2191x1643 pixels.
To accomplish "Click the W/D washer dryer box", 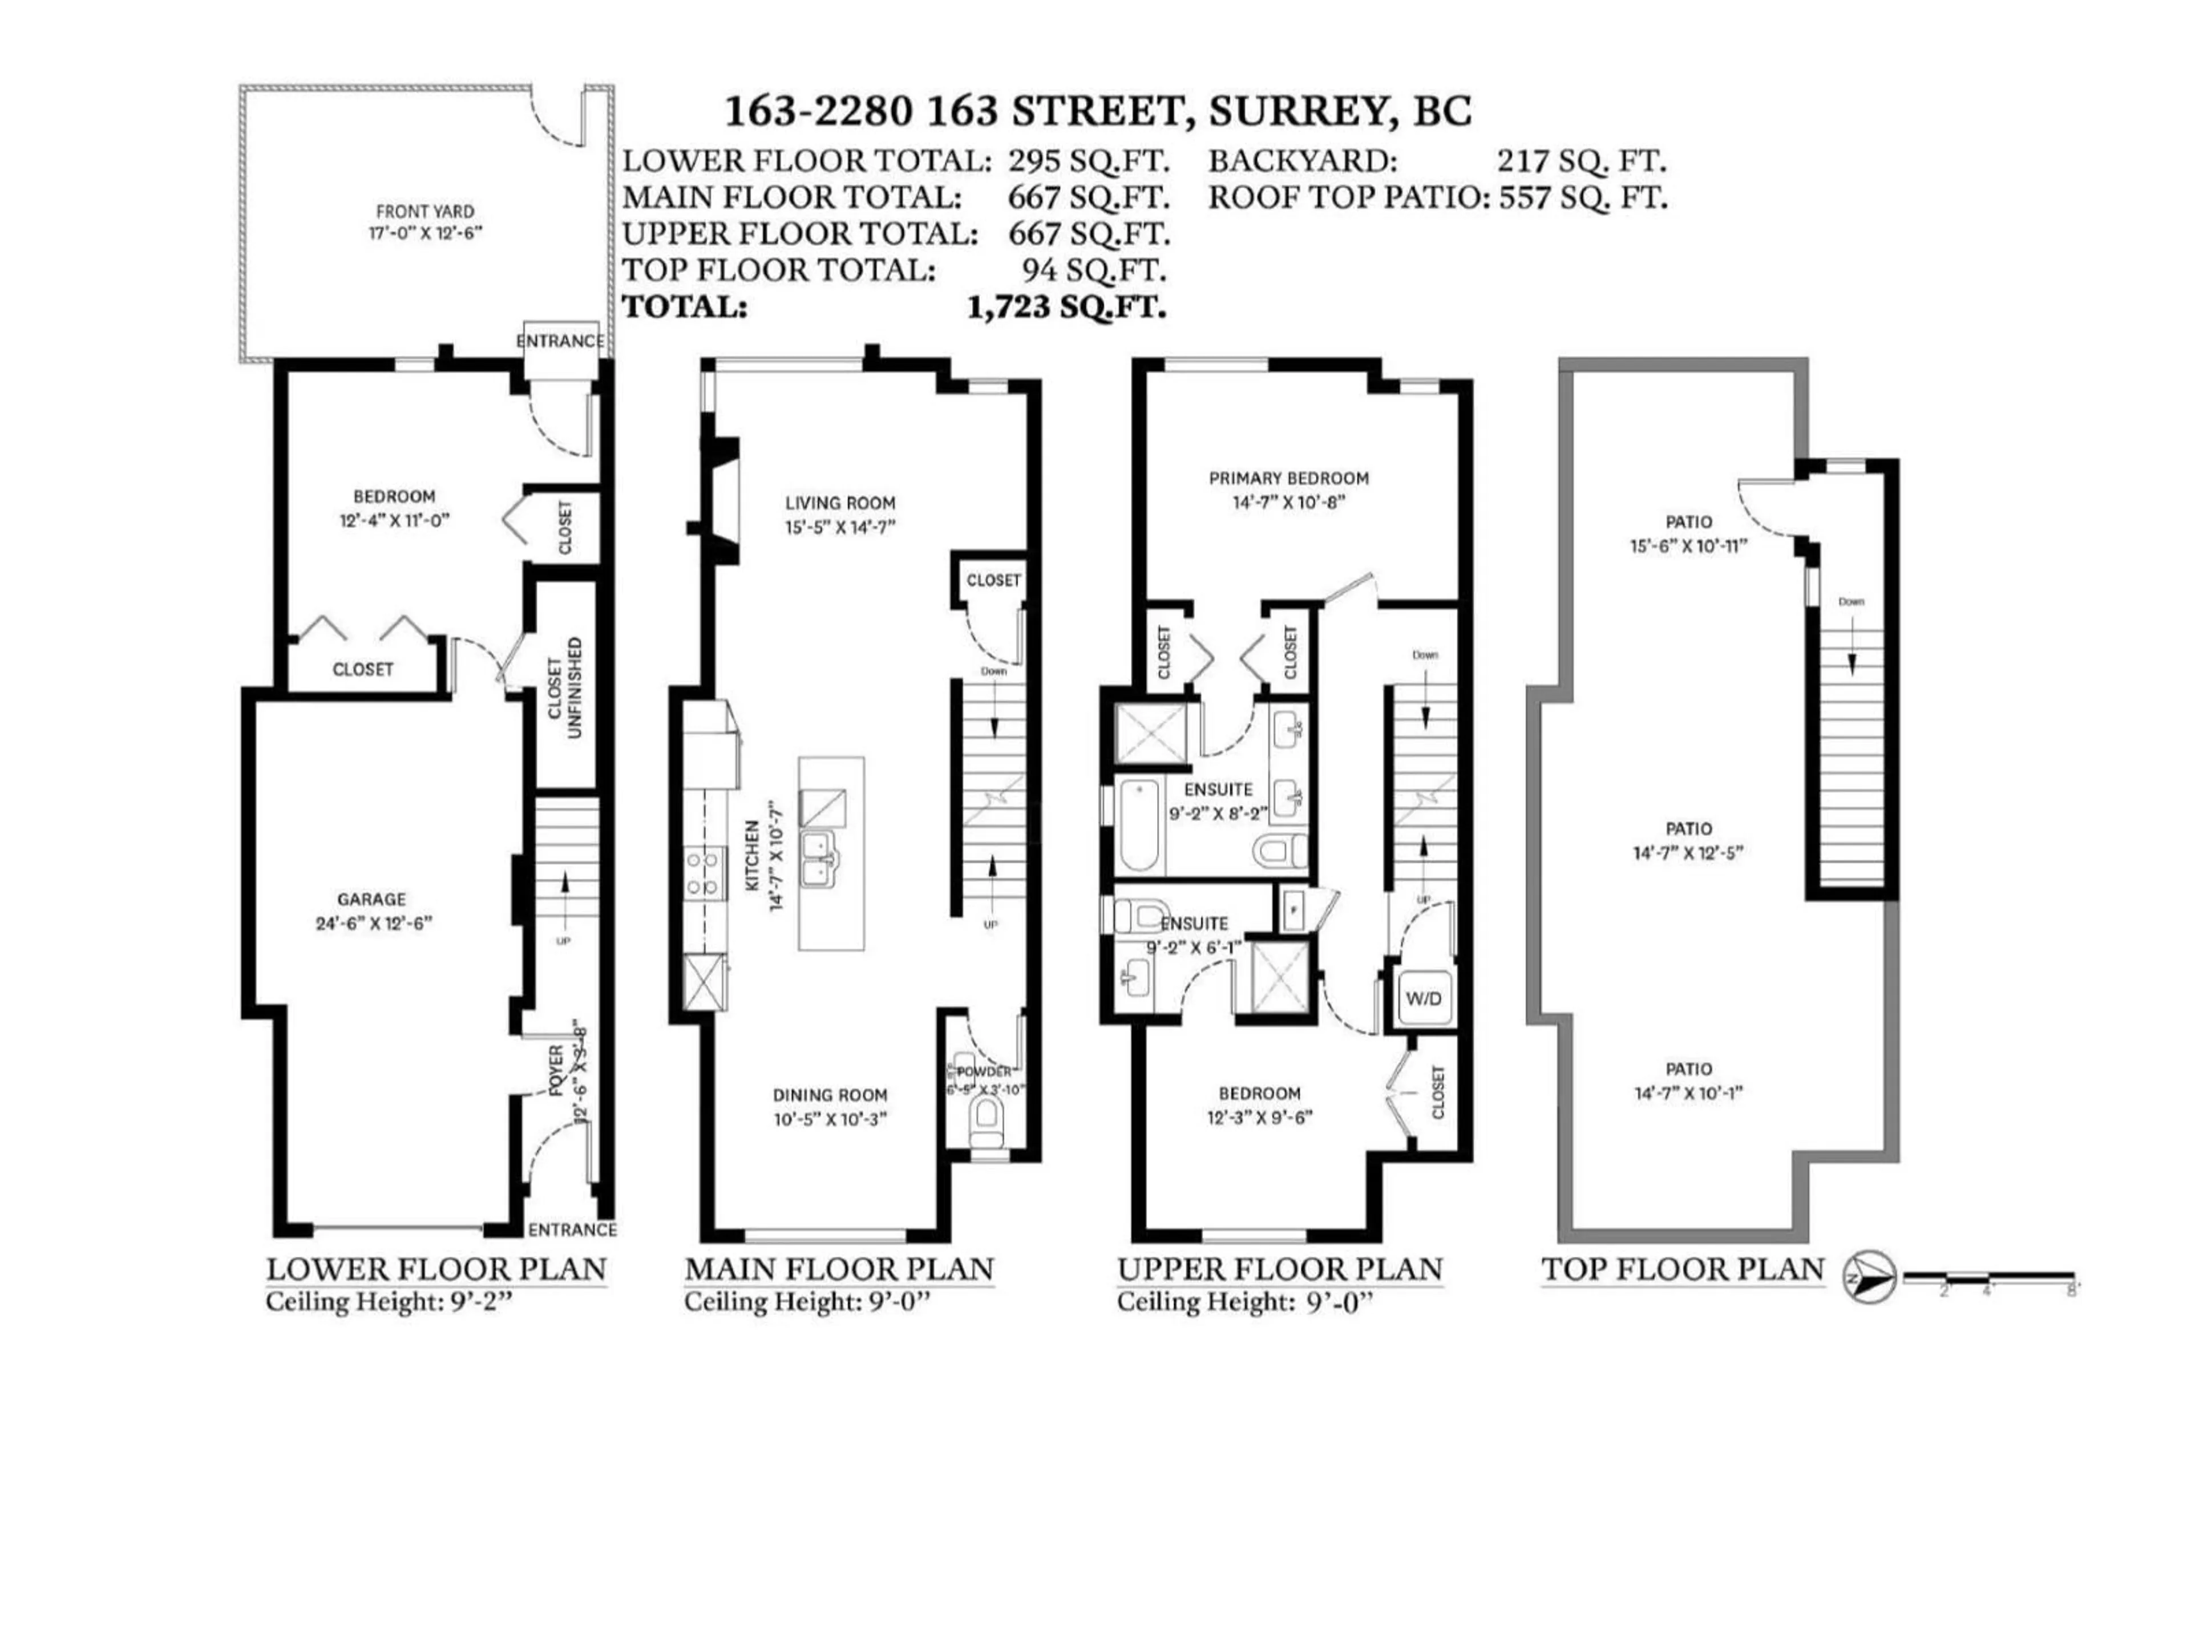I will pyautogui.click(x=1424, y=999).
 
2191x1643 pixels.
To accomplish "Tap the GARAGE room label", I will pyautogui.click(x=371, y=899).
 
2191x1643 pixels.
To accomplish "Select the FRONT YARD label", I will pyautogui.click(x=425, y=211).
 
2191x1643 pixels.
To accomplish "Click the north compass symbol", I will pyautogui.click(x=1868, y=1277).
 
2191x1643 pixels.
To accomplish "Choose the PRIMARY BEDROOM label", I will pyautogui.click(x=1289, y=478).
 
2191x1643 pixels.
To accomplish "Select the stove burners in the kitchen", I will pyautogui.click(x=702, y=873).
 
